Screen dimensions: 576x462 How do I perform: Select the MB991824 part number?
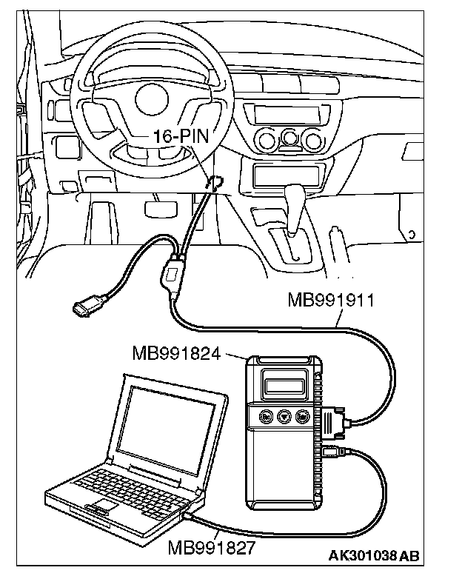(x=176, y=353)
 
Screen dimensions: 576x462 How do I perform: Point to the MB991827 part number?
(x=212, y=548)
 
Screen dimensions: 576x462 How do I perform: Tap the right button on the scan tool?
(x=302, y=417)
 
